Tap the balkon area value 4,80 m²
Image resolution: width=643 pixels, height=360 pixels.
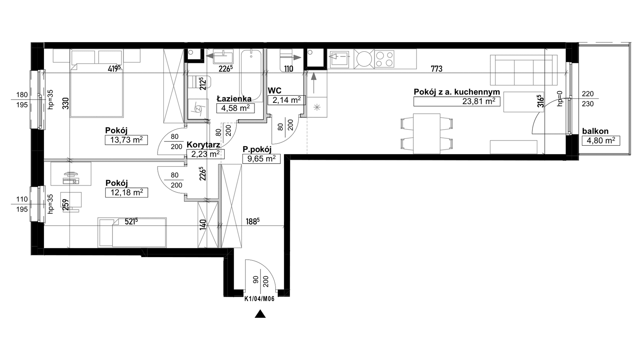[x=601, y=141]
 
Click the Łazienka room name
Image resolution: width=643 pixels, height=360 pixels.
[x=234, y=99]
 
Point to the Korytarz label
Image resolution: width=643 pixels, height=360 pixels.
[x=203, y=145]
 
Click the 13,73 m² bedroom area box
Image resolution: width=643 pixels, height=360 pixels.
[x=126, y=140]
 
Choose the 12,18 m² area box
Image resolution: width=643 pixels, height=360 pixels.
[x=127, y=193]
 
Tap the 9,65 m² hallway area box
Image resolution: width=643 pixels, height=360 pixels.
[x=261, y=159]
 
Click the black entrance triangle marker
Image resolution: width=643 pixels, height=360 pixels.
[x=260, y=314]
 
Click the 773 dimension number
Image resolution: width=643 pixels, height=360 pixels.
[x=437, y=69]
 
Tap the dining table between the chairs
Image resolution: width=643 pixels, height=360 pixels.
[x=427, y=134]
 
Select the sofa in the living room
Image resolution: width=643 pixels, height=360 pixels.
[x=524, y=70]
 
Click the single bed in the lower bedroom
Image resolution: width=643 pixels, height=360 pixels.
[x=132, y=232]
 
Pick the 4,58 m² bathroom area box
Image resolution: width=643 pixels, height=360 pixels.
[x=235, y=108]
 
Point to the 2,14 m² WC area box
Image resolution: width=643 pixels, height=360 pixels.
[x=286, y=100]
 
